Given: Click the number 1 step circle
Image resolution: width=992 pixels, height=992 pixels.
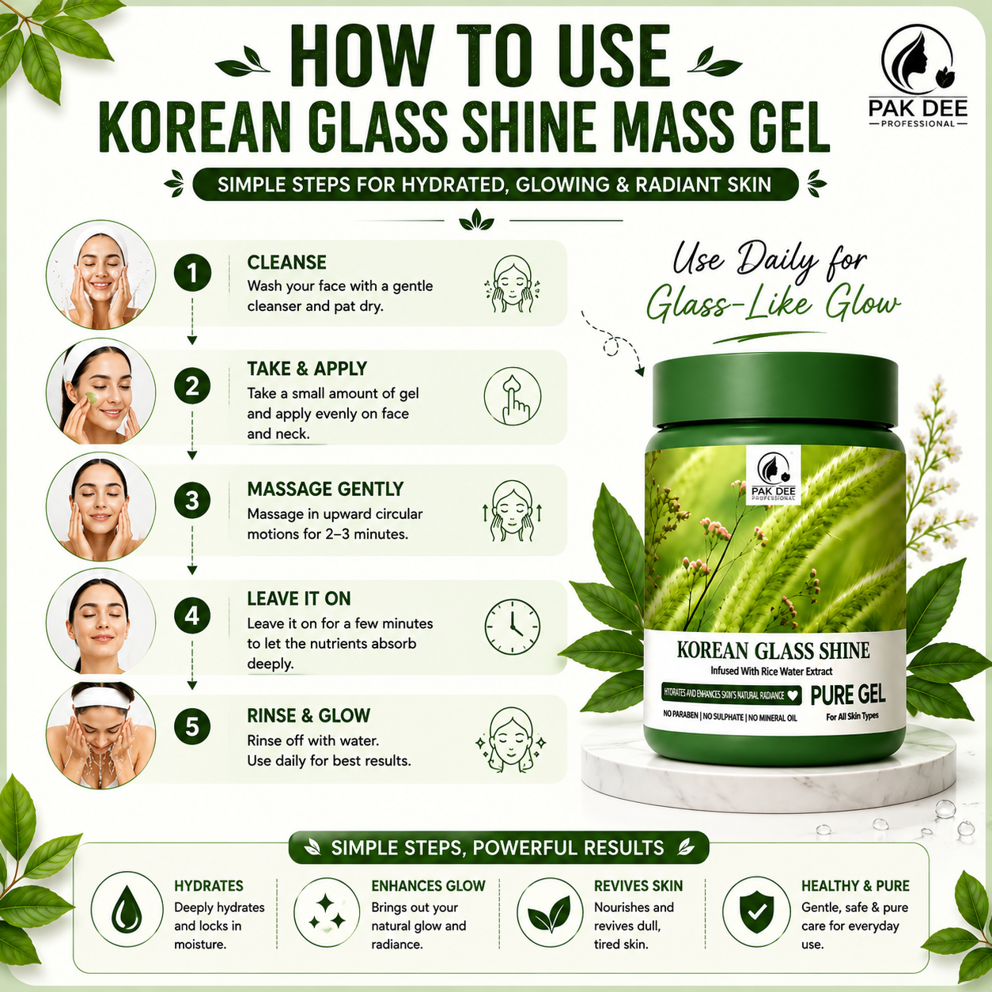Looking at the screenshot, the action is [x=192, y=273].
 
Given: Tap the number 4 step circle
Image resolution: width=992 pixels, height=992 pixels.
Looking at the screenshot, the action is [x=192, y=615].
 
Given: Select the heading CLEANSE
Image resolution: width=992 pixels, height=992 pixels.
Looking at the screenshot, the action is [x=286, y=263].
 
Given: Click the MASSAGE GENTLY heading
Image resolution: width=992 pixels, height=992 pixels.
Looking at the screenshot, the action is [x=325, y=489].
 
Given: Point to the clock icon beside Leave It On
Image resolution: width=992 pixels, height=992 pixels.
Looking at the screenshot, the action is [x=512, y=627].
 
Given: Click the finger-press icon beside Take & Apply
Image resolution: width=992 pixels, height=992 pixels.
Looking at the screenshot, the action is [x=512, y=396].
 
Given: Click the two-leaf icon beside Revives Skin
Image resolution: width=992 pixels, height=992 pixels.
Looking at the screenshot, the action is [x=550, y=911].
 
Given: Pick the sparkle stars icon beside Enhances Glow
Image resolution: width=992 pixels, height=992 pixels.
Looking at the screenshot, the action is [x=327, y=911].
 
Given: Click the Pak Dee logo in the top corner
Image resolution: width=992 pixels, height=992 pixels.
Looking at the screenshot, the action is [x=918, y=76].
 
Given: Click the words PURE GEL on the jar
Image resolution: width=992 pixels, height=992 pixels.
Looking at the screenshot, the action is [x=848, y=695].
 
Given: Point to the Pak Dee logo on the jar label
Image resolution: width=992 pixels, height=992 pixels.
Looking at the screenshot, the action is [x=773, y=475].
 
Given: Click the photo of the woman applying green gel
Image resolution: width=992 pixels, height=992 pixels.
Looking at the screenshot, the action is [x=100, y=392].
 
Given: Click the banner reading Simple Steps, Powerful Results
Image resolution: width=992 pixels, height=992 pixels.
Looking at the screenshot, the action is [x=498, y=847].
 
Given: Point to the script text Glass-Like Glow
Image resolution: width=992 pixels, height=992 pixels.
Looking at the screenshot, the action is [x=772, y=305].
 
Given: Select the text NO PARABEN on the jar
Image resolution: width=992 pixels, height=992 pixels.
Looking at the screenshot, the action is [x=680, y=716].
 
